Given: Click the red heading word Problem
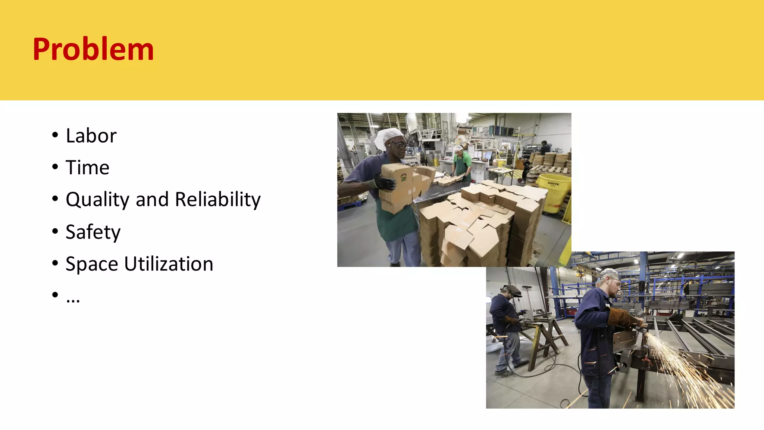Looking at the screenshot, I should pos(93,49).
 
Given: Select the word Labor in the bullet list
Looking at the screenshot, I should pos(91,135).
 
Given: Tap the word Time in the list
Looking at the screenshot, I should pos(87,168).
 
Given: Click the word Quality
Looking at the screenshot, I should pos(98,200).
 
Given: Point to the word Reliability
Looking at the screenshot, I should pos(218,199).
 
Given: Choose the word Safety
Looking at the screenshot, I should pos(93,232).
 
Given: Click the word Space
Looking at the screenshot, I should pos(92,264).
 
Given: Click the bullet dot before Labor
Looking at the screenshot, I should pos(55,135).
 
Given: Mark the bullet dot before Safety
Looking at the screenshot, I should pos(55,231).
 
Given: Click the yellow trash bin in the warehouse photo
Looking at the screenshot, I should pos(554,192).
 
